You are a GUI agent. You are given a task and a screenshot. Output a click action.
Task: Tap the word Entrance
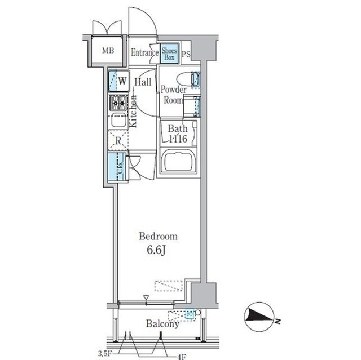(x=145, y=52)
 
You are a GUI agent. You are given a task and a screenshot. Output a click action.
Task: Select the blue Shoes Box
(x=170, y=53)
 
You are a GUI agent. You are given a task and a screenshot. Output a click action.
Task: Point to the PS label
(x=186, y=54)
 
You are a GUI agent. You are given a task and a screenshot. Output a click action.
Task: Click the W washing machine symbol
(x=121, y=81)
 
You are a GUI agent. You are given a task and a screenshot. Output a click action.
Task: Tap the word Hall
(x=143, y=82)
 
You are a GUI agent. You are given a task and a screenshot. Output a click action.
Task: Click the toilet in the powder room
(x=186, y=79)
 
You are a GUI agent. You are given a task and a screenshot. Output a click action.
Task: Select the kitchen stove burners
(x=118, y=103)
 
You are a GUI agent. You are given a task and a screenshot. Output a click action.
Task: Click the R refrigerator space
(x=119, y=141)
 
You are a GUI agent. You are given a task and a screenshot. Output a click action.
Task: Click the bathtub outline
(x=178, y=162)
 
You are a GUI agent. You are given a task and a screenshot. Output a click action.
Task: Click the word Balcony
(x=162, y=324)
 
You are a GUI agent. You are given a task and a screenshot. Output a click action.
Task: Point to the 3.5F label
(x=104, y=354)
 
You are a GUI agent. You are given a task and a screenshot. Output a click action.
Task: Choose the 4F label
(x=181, y=355)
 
